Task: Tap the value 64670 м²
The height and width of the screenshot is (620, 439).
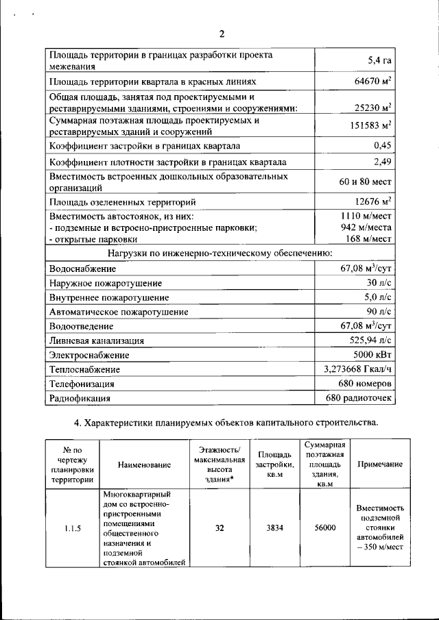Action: click(368, 82)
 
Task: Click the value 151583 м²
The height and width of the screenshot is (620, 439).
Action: click(367, 127)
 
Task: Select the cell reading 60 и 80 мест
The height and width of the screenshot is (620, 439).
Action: click(365, 182)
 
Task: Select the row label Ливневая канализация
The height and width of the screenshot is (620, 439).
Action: click(97, 340)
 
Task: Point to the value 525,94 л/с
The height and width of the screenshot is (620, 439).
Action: click(370, 340)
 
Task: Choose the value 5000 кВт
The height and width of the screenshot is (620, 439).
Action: click(372, 355)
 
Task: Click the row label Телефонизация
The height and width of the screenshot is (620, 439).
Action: click(82, 384)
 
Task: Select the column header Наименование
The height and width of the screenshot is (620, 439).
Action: click(144, 465)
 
